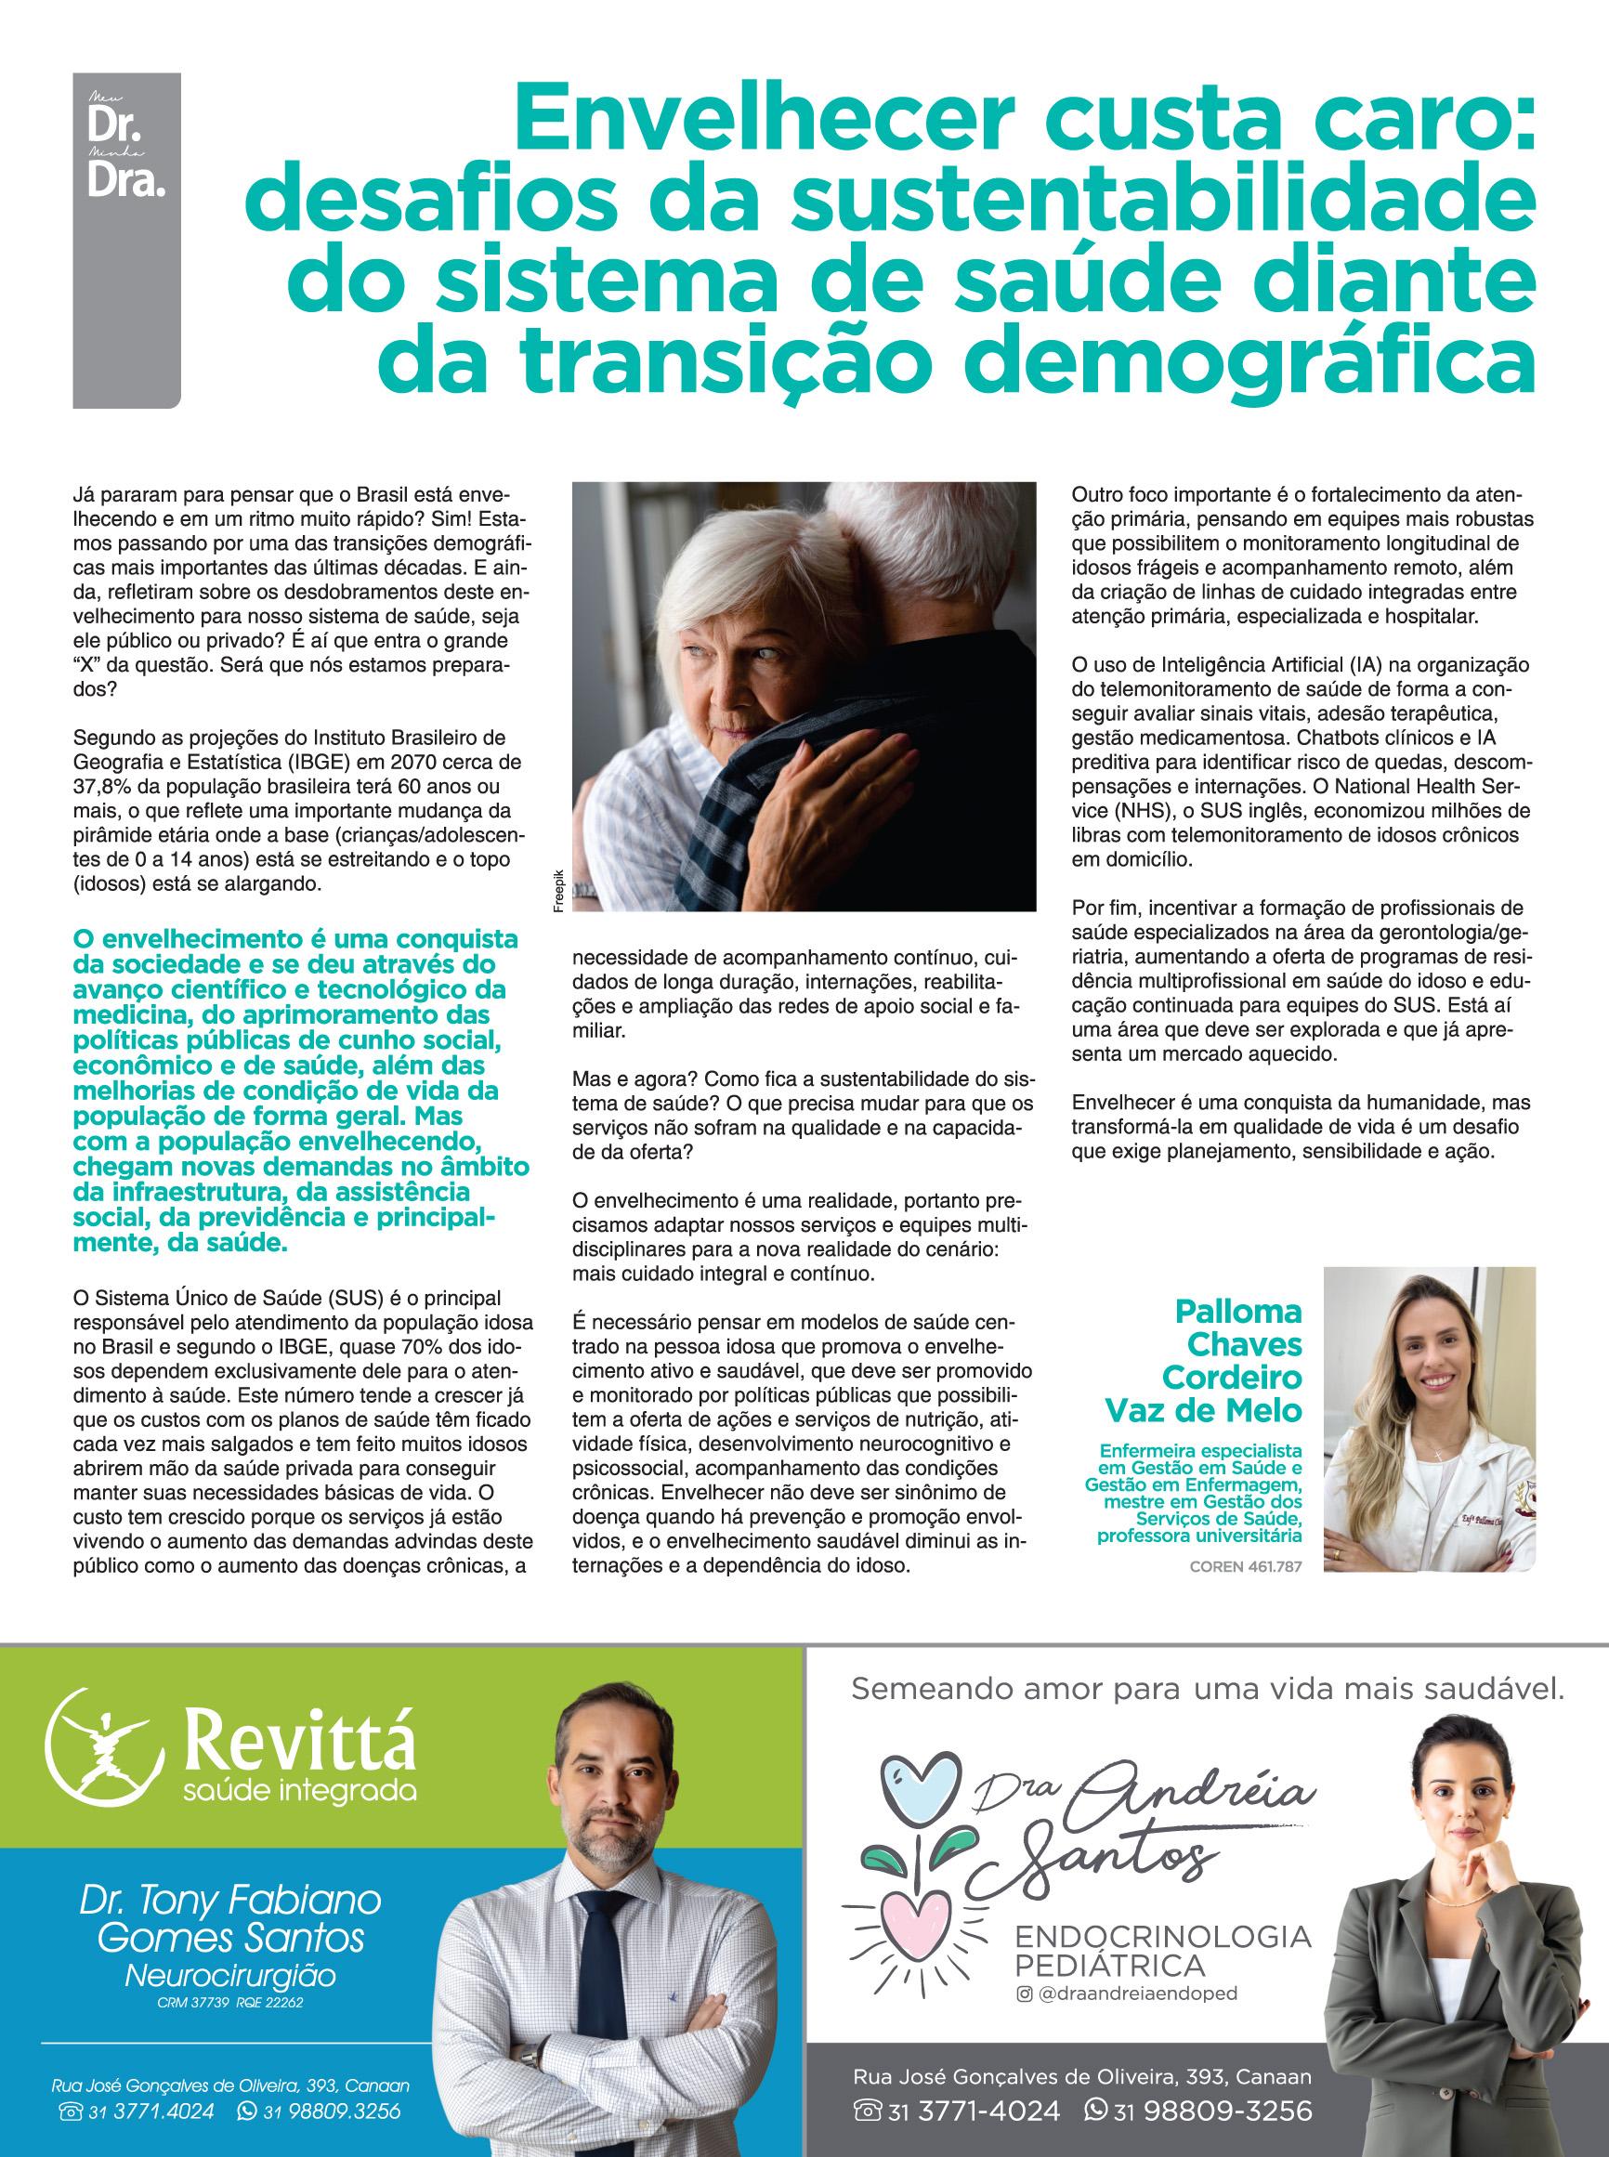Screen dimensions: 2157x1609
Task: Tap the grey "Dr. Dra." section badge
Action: click(126, 156)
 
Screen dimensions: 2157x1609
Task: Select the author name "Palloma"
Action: click(1238, 1311)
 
